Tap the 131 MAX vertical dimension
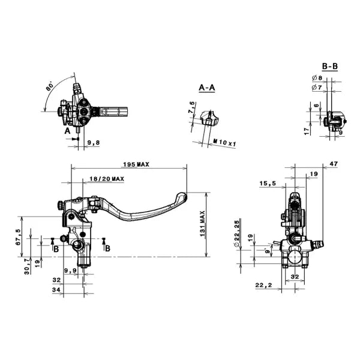(205, 223)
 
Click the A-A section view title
(207, 88)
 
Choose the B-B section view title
(329, 66)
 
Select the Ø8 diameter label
(317, 78)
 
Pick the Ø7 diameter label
(317, 88)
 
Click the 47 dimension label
(334, 163)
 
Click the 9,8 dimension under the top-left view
(94, 143)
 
